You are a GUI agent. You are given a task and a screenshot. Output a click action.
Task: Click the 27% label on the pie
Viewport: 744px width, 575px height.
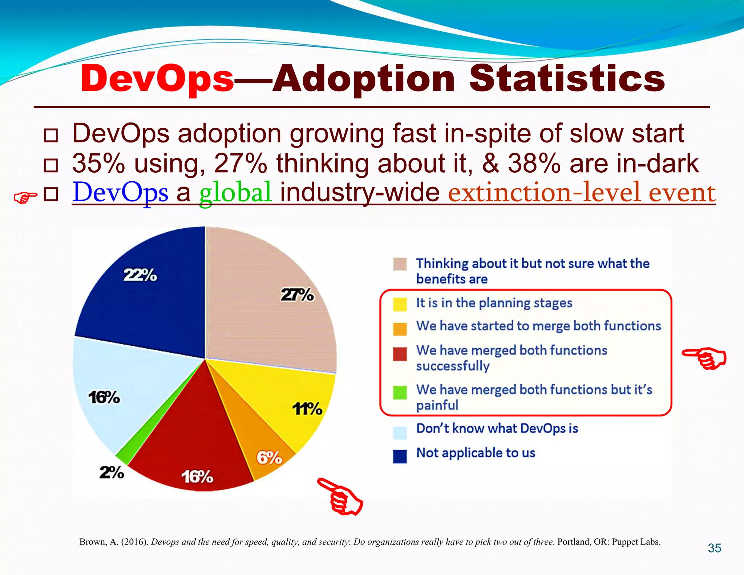pyautogui.click(x=297, y=295)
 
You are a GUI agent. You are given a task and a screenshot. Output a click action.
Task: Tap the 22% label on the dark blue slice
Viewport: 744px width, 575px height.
pyautogui.click(x=140, y=275)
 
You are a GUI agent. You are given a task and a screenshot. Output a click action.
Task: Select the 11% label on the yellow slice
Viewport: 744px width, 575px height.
pyautogui.click(x=307, y=409)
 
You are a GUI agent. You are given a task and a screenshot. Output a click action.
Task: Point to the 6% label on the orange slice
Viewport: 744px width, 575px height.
pyautogui.click(x=269, y=458)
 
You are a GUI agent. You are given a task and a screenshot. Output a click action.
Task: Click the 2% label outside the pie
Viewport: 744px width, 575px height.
pyautogui.click(x=112, y=473)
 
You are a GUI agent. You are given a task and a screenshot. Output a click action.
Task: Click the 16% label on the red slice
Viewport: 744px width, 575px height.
pyautogui.click(x=197, y=477)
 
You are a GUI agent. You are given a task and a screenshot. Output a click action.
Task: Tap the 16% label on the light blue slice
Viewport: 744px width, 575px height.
pyautogui.click(x=104, y=398)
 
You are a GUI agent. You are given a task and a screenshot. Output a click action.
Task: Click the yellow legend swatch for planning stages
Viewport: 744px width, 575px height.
pyautogui.click(x=400, y=304)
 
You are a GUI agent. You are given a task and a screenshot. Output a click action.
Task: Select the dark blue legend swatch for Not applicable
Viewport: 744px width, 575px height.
pyautogui.click(x=400, y=456)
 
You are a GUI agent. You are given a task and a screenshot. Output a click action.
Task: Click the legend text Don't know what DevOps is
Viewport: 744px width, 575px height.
pyautogui.click(x=497, y=429)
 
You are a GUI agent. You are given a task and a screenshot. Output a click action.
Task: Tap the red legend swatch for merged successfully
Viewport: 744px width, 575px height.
pyautogui.click(x=400, y=354)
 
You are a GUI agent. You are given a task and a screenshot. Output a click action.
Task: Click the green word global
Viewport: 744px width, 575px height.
pyautogui.click(x=235, y=192)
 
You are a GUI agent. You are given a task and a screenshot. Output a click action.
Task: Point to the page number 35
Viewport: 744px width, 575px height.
pyautogui.click(x=714, y=548)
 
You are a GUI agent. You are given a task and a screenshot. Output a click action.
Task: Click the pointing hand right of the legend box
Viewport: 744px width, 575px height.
pyautogui.click(x=704, y=358)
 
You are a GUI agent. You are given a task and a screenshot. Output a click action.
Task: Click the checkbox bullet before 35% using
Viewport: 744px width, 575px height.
pyautogui.click(x=51, y=165)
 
